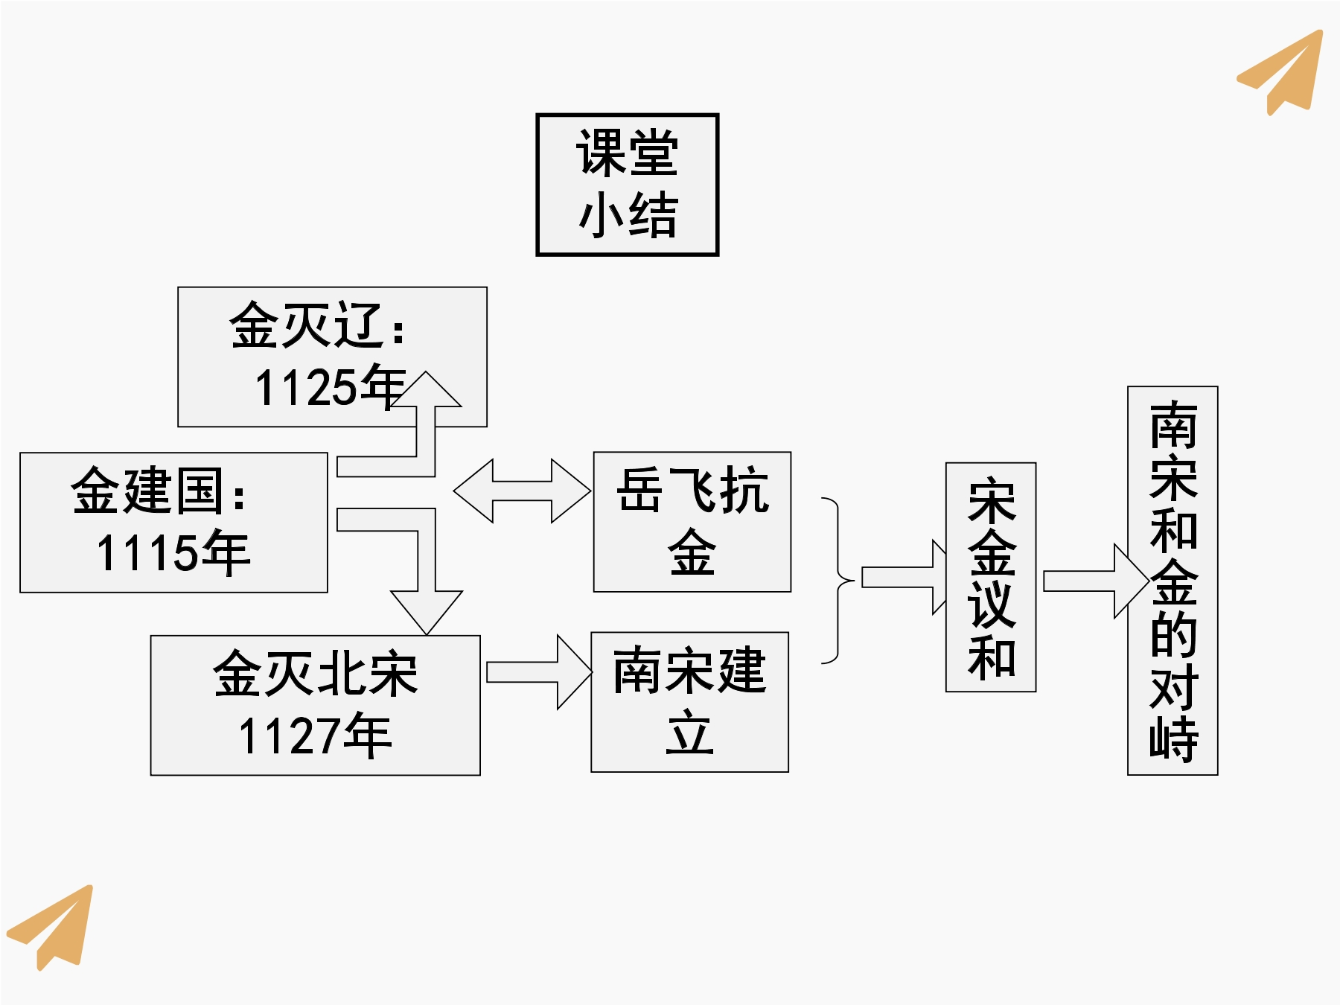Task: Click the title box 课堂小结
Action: click(x=627, y=185)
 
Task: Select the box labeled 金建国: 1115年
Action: click(x=173, y=523)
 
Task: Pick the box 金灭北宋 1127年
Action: click(x=315, y=705)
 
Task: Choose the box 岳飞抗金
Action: click(x=692, y=522)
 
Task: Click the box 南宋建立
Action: click(x=689, y=702)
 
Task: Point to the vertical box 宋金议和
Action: click(x=990, y=577)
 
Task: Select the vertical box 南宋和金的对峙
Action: click(x=1172, y=581)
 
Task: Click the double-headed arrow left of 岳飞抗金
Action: click(x=522, y=491)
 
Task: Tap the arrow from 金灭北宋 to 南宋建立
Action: click(x=539, y=672)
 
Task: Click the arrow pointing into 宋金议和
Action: click(x=904, y=577)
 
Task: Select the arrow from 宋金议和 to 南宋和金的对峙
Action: click(x=1096, y=581)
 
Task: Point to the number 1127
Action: click(x=290, y=736)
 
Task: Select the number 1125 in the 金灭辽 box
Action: click(x=306, y=388)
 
